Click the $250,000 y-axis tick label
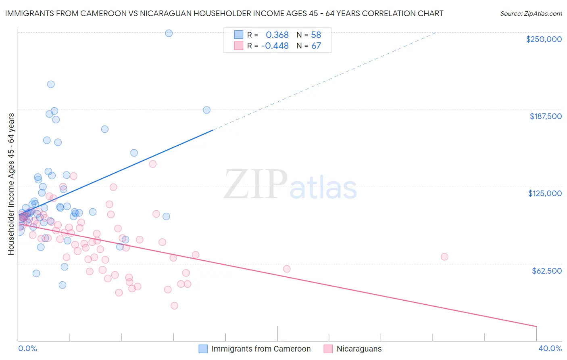(x=544, y=39)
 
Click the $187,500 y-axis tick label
(x=545, y=116)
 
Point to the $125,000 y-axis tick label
(x=545, y=193)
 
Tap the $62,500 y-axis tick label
(x=546, y=271)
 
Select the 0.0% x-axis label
(x=27, y=348)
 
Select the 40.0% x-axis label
(x=550, y=348)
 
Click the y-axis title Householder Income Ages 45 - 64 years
(x=11, y=184)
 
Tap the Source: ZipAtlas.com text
(x=531, y=13)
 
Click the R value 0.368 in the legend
(x=277, y=35)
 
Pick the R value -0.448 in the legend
(x=275, y=46)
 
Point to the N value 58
(x=316, y=35)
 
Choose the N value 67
(x=316, y=46)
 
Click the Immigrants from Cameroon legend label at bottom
(x=261, y=349)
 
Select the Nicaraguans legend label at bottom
(x=359, y=349)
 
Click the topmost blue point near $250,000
(x=169, y=33)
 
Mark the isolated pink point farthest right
(x=444, y=257)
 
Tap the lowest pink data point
(x=174, y=306)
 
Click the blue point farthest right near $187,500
(x=206, y=110)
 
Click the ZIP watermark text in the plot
(x=256, y=184)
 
